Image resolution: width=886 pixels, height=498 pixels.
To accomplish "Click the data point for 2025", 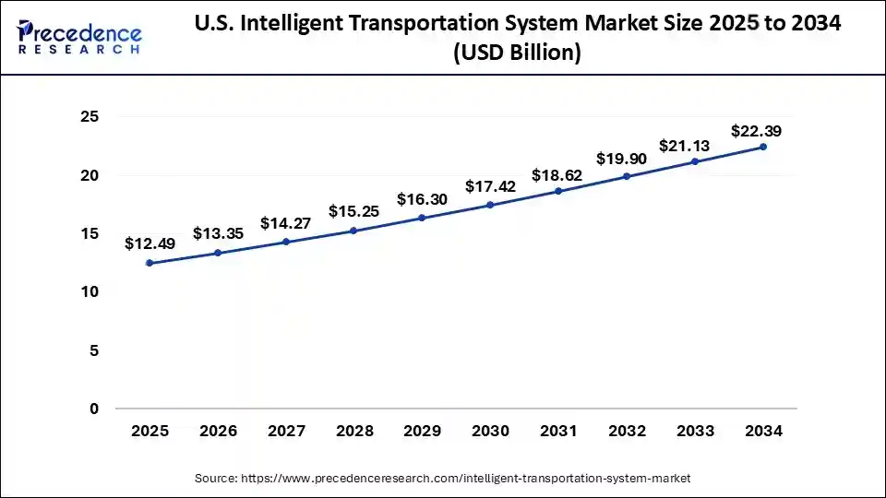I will (x=150, y=263).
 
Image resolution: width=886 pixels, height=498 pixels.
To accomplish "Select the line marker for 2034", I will (x=763, y=147).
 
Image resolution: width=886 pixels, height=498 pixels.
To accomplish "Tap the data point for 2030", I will (x=490, y=205).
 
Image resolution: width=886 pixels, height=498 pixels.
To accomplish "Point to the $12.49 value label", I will (x=150, y=243).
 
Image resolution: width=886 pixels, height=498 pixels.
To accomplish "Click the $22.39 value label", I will (x=756, y=131).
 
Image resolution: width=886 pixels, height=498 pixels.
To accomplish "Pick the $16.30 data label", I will (x=422, y=199).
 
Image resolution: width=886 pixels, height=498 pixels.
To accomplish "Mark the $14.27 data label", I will (x=285, y=222).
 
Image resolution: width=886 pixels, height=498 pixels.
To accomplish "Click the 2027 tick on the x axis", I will (x=285, y=431).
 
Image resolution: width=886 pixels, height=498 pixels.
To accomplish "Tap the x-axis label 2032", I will (x=627, y=431).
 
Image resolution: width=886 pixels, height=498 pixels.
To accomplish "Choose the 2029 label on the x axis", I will (x=422, y=431).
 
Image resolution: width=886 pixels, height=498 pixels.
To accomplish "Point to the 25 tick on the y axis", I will (x=90, y=117).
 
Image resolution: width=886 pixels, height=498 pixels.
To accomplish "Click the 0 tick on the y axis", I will (x=94, y=409).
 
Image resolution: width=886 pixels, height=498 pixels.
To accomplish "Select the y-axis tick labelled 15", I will (x=90, y=234).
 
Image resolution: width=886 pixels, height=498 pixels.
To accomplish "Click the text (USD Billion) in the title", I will (x=517, y=53).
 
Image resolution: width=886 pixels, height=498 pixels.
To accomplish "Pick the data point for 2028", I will (x=353, y=231).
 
